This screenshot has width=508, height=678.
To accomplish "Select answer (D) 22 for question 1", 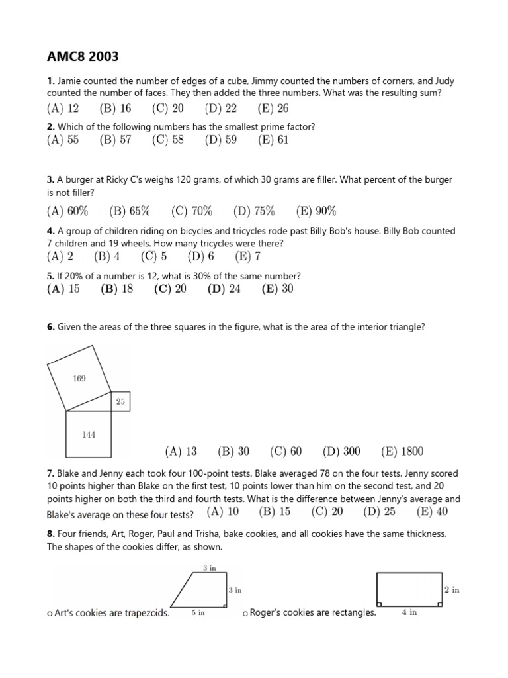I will [220, 109].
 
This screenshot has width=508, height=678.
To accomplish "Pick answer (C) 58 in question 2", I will [167, 140].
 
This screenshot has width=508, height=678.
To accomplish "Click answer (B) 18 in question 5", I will [116, 289].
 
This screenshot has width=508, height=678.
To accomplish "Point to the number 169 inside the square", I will [79, 379].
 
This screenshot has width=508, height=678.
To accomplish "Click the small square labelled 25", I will [120, 401].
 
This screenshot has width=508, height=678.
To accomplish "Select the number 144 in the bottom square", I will [89, 434].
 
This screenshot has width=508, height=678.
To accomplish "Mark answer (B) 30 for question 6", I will [233, 452].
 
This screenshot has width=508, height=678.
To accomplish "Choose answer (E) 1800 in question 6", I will [402, 452].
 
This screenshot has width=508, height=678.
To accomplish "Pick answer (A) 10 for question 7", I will [223, 511].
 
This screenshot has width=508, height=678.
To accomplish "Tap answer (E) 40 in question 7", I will [432, 511].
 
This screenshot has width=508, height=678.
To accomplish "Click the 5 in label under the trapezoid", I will [198, 613].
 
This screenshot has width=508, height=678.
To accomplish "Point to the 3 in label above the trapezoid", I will [209, 568].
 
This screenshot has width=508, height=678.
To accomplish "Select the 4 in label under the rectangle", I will [409, 613].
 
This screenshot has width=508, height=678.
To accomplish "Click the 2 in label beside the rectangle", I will [452, 589].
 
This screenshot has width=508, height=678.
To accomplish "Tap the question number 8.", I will [50, 534].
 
